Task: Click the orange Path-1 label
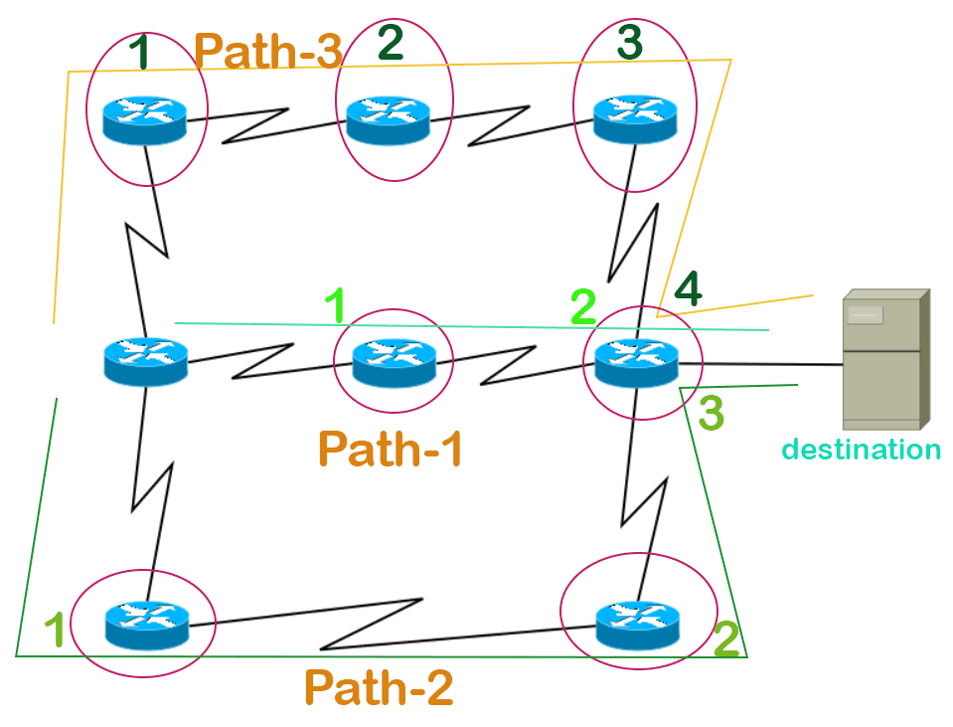pos(391,450)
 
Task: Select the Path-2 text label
pos(379,687)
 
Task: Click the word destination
pos(861,450)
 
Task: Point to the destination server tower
pos(883,357)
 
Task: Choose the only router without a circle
pos(145,360)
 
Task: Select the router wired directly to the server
pos(636,361)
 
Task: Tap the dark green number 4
pos(689,290)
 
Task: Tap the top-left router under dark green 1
pos(145,117)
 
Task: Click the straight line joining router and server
pos(760,365)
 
